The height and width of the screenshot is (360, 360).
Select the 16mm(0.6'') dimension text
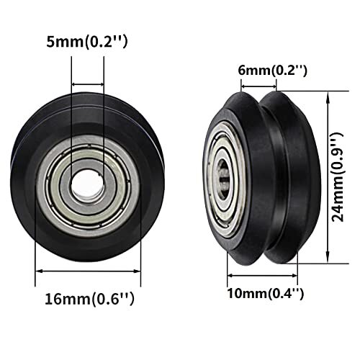coord(88,297)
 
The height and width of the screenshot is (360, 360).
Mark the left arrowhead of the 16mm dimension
coord(38,271)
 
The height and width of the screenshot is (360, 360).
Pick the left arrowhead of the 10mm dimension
coord(230,275)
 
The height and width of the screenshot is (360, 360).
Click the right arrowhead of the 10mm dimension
coord(296,275)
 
